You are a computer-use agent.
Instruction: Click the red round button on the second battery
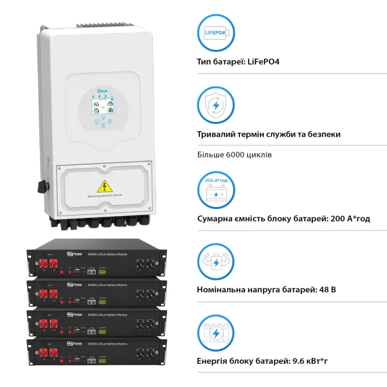coord(61,295)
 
